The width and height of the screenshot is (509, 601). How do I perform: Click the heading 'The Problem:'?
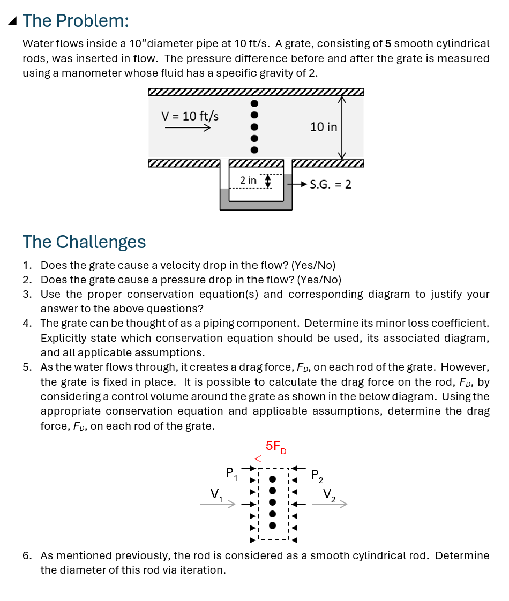(76, 21)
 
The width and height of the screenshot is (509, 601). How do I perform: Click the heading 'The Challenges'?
(84, 242)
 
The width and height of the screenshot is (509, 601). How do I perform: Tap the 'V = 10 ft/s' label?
(190, 116)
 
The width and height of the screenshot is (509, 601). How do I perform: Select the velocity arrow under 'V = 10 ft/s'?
(187, 128)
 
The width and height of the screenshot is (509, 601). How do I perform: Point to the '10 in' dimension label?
(324, 127)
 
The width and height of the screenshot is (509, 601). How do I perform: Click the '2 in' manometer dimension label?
(248, 181)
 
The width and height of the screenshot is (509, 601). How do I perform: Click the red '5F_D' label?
(276, 446)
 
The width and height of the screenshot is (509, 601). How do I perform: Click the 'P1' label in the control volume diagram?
(231, 473)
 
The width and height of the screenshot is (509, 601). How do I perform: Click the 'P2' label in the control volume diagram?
(317, 475)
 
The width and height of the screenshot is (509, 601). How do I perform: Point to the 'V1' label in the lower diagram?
(215, 493)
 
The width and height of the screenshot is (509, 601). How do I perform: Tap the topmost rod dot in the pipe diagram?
(255, 103)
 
